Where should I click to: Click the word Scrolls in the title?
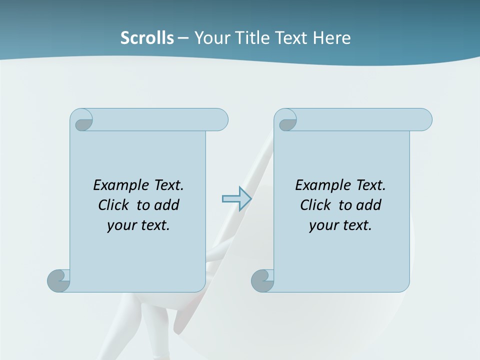147,38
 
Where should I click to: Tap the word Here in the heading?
331,38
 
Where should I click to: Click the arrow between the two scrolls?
236,199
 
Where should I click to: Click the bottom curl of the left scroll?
58,280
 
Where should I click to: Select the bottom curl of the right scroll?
262,280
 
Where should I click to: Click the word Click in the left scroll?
113,205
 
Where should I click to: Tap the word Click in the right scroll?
315,205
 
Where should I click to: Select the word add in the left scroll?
167,205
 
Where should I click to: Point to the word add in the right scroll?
369,205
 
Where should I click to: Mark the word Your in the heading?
212,38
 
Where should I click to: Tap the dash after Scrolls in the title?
183,38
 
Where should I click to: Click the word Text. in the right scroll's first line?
370,185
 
